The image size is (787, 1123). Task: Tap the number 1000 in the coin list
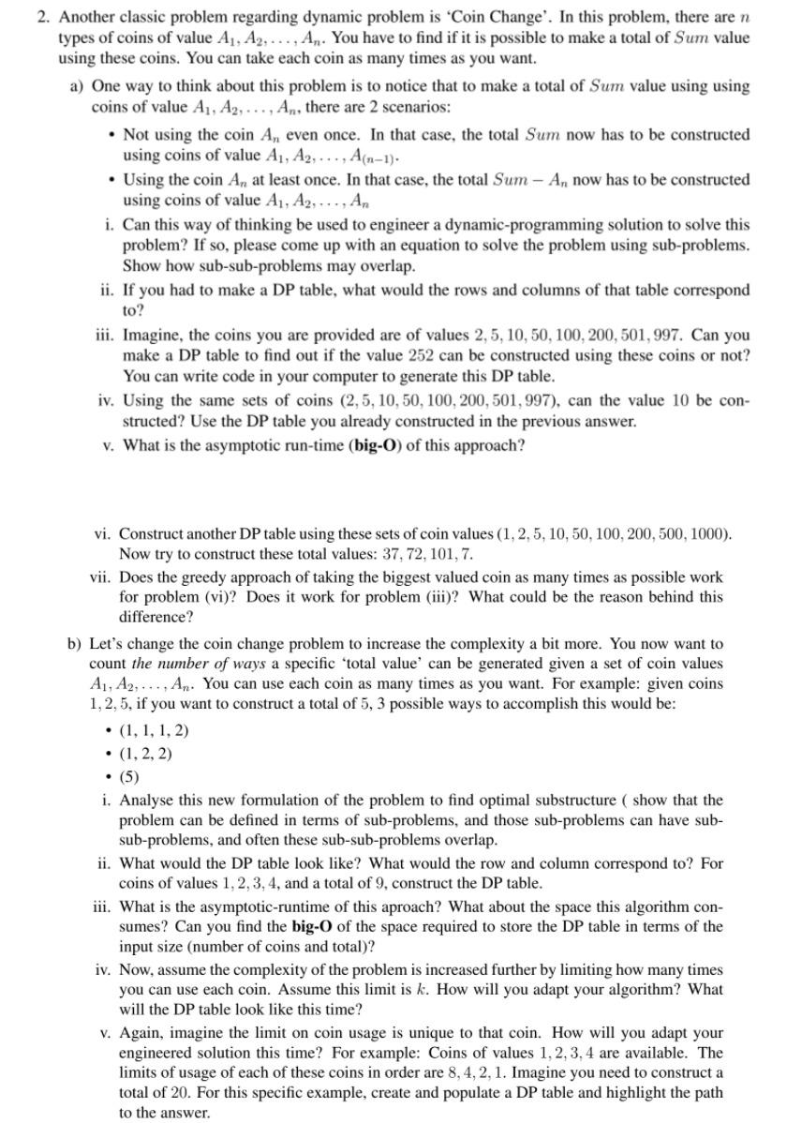point(706,533)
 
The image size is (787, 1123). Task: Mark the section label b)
point(75,644)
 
